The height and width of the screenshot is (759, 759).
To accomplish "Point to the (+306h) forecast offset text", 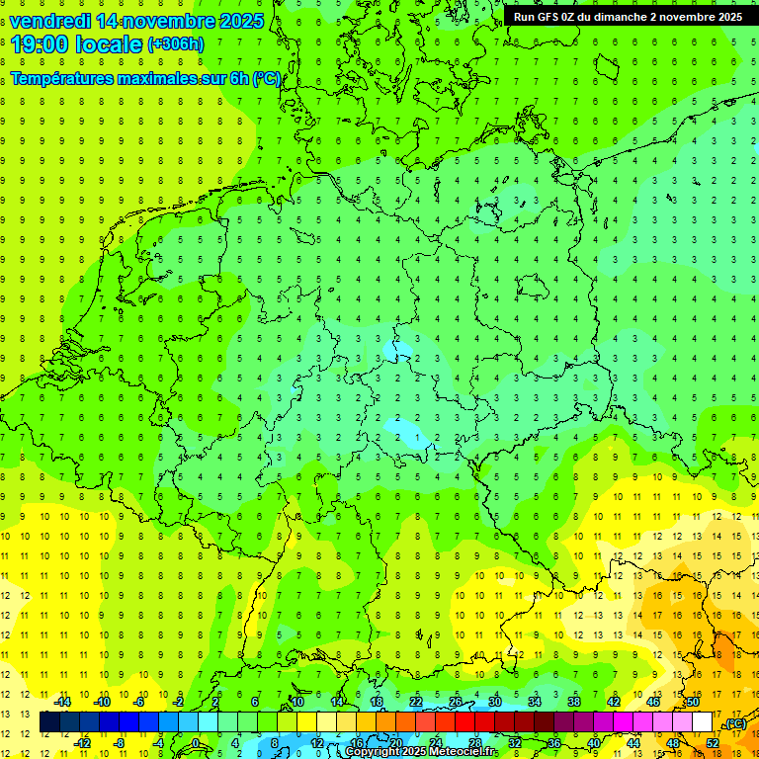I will point(175,44).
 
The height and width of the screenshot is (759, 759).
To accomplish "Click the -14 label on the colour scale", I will point(62,702).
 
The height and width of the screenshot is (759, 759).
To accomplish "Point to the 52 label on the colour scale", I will point(713,742).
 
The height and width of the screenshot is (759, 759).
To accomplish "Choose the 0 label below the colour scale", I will point(196,742).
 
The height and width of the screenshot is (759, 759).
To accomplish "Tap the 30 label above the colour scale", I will point(494,702).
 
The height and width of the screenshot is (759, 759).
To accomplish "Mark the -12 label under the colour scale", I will point(82,742).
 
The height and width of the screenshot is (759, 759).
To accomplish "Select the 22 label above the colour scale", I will point(415,702).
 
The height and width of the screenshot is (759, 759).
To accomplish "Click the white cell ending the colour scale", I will point(702,722).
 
